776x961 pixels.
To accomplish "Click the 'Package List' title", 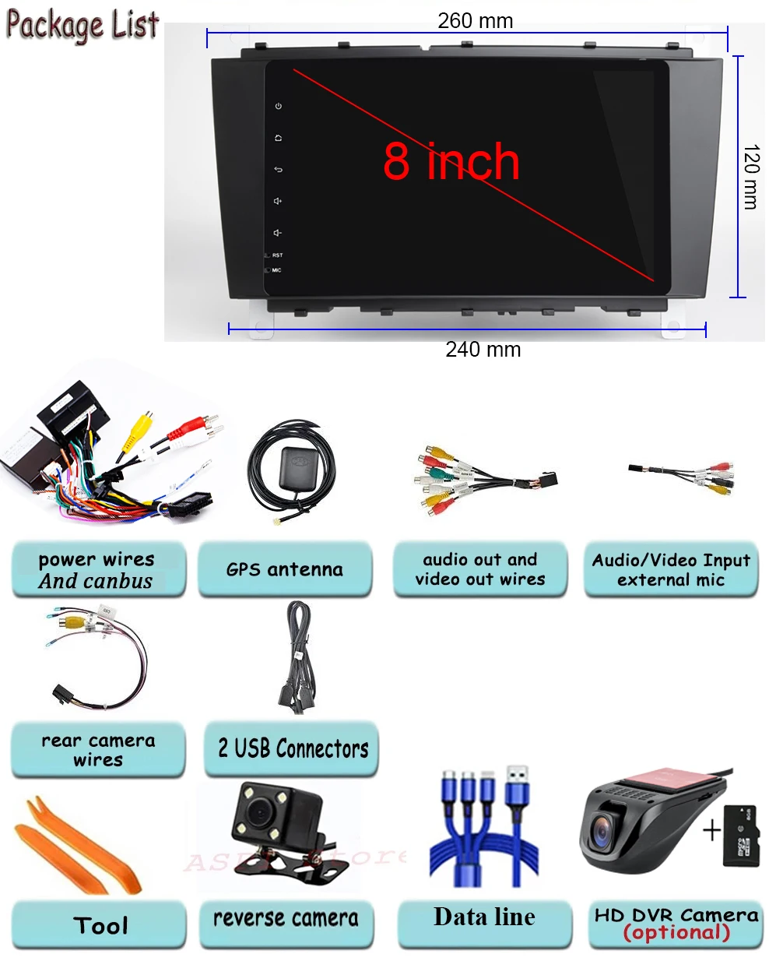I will pos(83,24).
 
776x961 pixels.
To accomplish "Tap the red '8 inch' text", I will pos(451,162).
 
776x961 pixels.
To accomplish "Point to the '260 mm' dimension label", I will pos(475,20).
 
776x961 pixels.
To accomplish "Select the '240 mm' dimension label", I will pos(483,350).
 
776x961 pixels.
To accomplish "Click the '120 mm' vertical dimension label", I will pos(750,177).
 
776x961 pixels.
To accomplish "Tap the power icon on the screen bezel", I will pos(279,106).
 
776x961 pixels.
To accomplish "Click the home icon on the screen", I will pos(279,138).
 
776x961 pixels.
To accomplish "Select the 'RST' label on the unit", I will pos(277,255).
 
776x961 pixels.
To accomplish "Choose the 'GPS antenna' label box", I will pos(285,570).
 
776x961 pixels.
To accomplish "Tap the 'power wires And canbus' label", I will pos(97,570).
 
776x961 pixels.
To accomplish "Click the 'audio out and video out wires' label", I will pos(479,570).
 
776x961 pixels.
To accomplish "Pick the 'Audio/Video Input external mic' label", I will pos(671,570).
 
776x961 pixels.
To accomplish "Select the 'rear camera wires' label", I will pos(98,750).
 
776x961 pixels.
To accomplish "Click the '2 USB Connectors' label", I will pos(293,749).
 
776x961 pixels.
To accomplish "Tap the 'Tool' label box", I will pos(100,925).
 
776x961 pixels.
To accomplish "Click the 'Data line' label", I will pos(484,917).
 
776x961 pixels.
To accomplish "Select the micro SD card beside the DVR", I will pos(740,836).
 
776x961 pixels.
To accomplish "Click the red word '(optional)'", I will pos(676,932).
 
